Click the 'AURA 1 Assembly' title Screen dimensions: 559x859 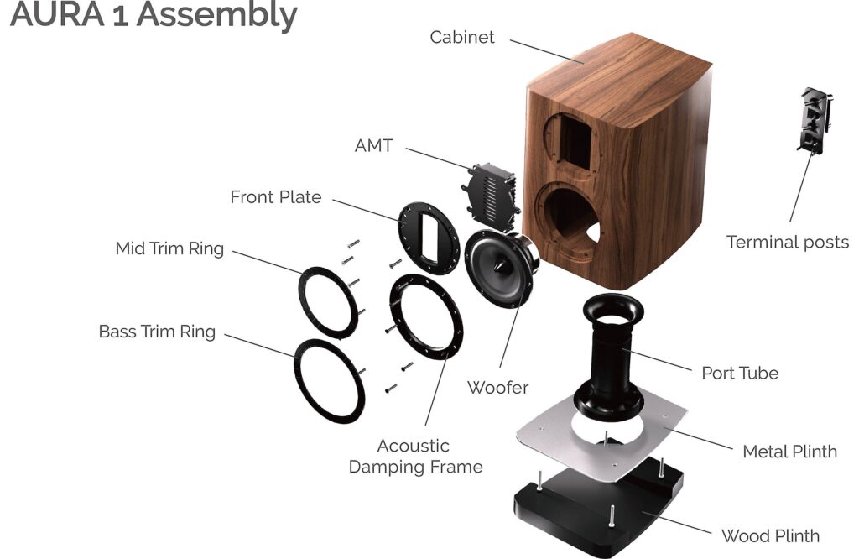(154, 16)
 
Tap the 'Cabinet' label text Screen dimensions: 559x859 (462, 37)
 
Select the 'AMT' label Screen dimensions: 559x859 (373, 145)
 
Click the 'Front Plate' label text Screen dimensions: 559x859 (276, 197)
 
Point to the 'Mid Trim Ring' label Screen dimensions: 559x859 (169, 248)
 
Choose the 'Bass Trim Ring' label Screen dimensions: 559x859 (157, 332)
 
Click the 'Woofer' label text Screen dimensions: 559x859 (498, 387)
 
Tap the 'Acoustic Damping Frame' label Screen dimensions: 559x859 (415, 456)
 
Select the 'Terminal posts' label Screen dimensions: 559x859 (788, 242)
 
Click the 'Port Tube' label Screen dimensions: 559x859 (740, 372)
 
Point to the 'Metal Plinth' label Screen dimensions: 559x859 (789, 452)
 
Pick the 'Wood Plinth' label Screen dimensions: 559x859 (770, 535)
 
